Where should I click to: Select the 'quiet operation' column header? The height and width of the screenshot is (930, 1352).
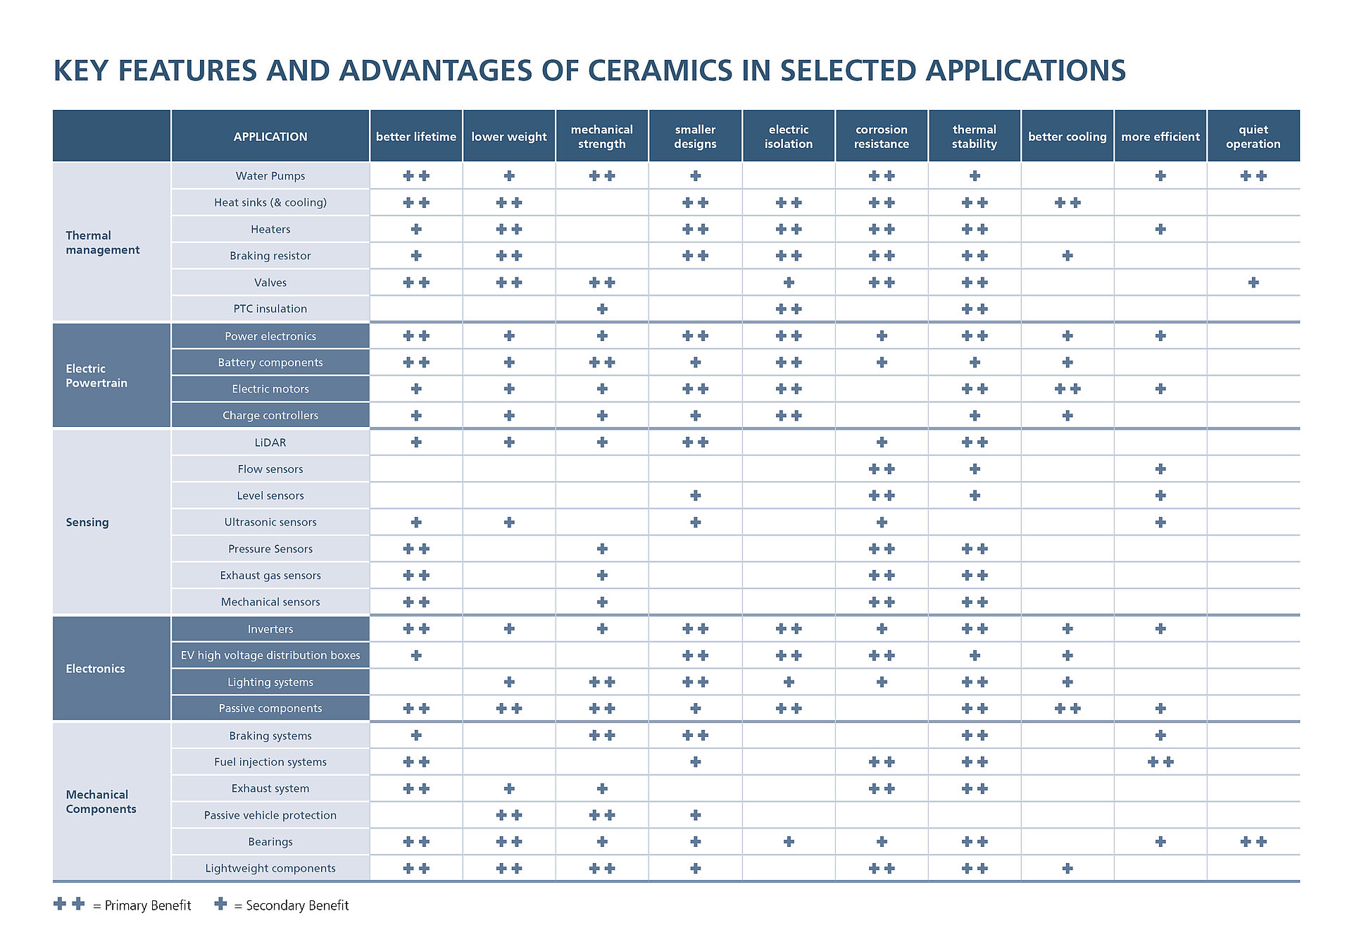point(1253,137)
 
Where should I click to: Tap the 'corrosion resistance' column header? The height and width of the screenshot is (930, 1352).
point(881,137)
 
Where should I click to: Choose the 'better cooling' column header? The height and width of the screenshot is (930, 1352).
point(1067,137)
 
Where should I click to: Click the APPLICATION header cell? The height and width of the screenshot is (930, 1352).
point(270,137)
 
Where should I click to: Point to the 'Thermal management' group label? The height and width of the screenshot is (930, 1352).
point(103,242)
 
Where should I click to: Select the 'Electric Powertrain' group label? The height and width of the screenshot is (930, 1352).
point(96,376)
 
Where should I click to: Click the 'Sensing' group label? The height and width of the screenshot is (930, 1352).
point(87,522)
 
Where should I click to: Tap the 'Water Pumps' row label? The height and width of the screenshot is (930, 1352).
point(270,176)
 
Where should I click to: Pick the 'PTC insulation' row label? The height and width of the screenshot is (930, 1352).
point(270,309)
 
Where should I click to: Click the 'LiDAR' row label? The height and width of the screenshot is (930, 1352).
point(270,442)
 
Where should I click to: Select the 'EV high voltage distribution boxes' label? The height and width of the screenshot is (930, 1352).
point(270,655)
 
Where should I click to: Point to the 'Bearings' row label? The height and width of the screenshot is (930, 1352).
point(270,842)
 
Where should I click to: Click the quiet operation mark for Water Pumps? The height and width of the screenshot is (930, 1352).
point(1253,176)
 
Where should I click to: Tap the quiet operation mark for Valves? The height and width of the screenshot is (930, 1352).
point(1253,283)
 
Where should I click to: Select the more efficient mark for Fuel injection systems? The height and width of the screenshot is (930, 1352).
point(1160,762)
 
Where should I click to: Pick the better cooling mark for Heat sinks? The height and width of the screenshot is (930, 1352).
point(1067,203)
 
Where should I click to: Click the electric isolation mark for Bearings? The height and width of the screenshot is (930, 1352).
point(788,841)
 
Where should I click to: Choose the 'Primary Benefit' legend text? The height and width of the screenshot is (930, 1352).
point(148,905)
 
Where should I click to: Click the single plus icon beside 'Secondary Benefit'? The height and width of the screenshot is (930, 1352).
point(220,903)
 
